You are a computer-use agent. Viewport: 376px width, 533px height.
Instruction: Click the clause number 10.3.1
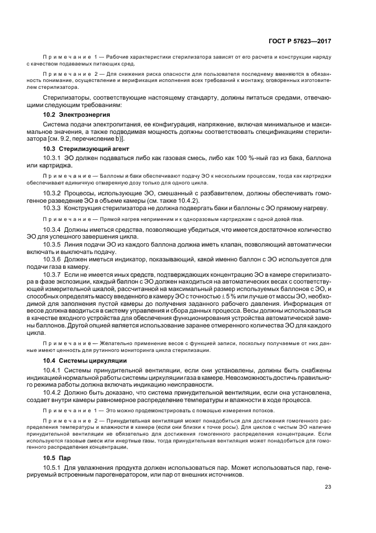(53, 157)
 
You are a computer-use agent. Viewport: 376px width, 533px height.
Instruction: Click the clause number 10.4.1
(53, 370)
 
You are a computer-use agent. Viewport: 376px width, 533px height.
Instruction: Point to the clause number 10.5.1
(53, 467)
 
